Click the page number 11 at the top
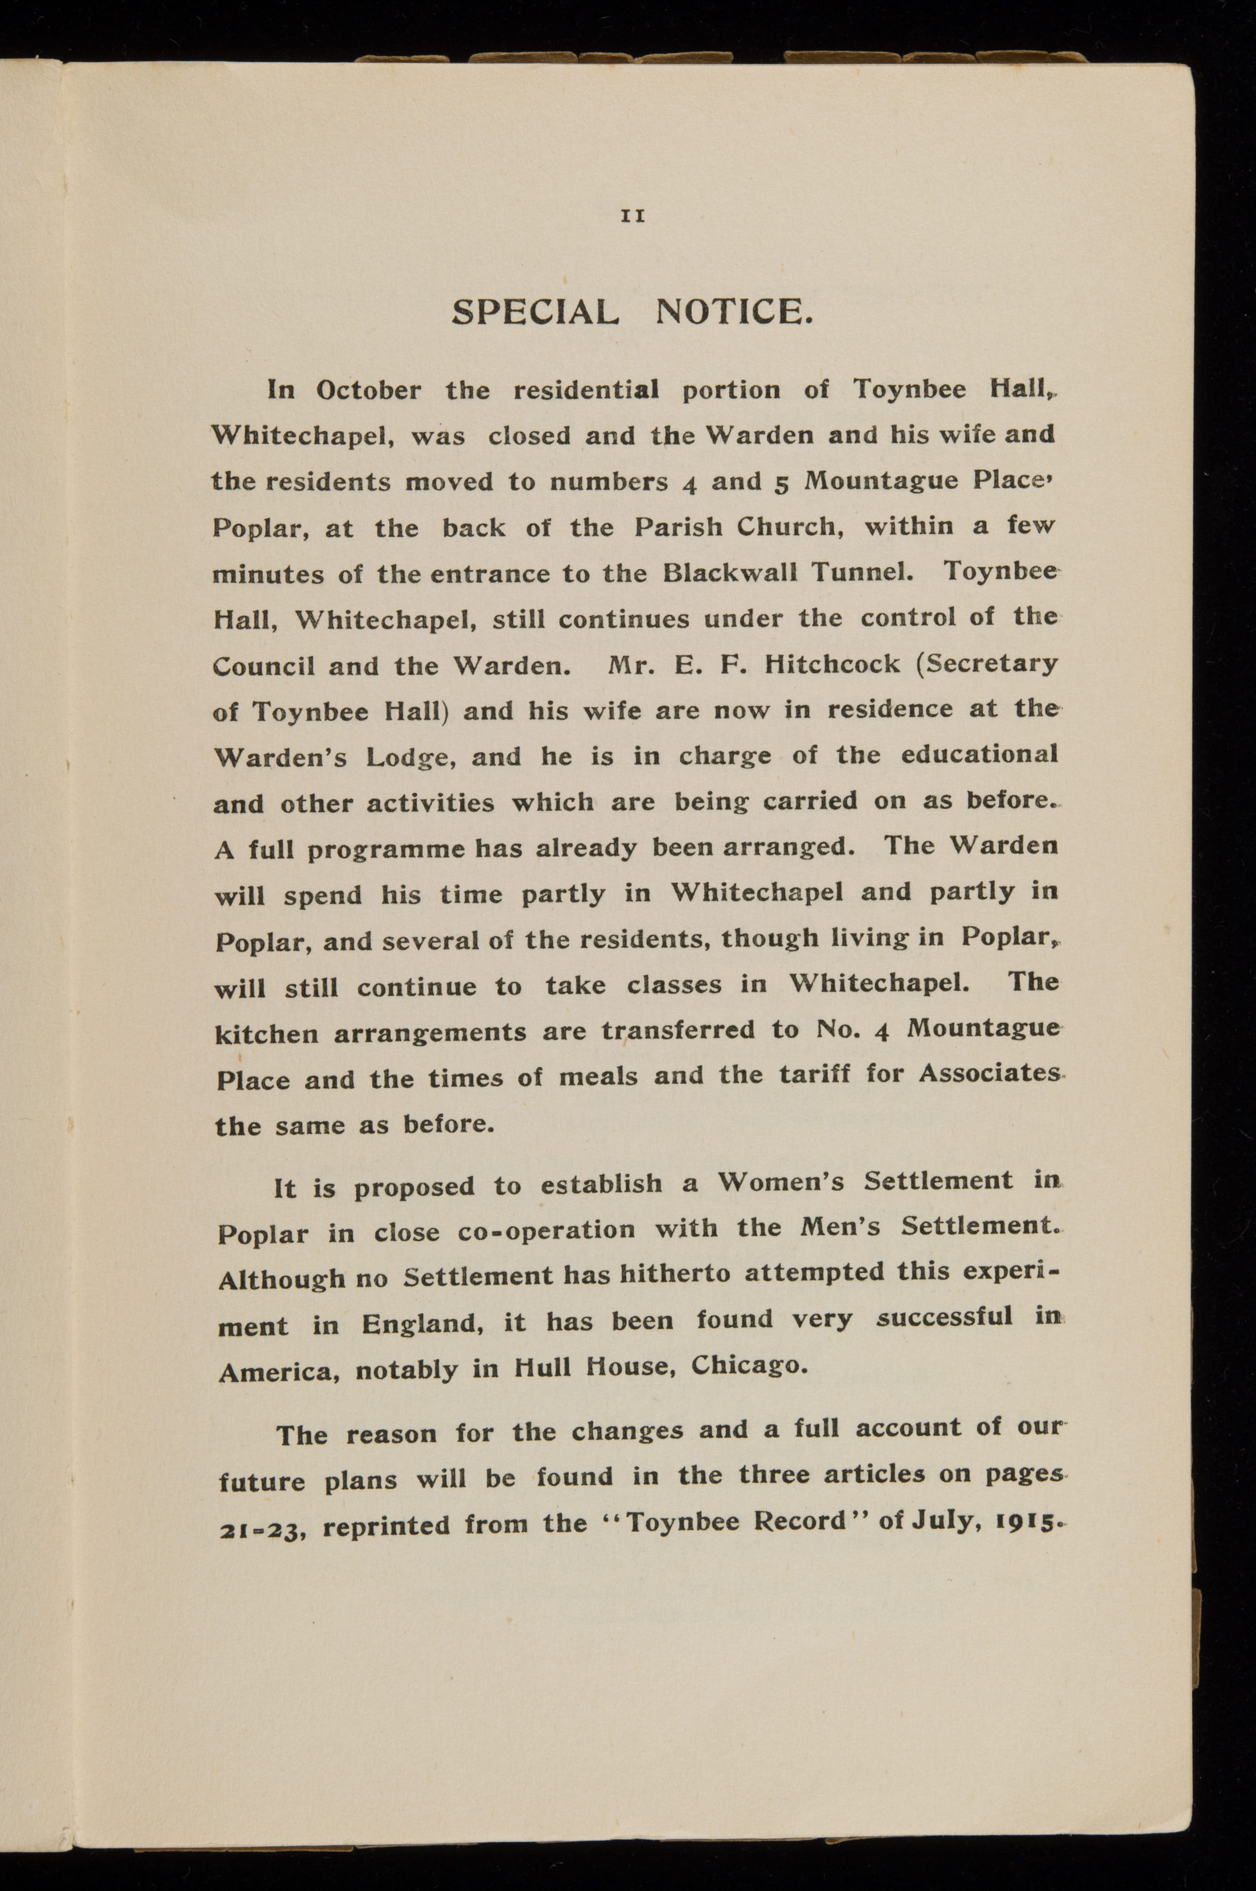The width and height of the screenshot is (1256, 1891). (x=633, y=216)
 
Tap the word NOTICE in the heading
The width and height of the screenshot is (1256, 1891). (x=734, y=311)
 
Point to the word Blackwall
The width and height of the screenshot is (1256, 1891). (x=729, y=573)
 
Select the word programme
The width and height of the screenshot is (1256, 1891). (x=386, y=850)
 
